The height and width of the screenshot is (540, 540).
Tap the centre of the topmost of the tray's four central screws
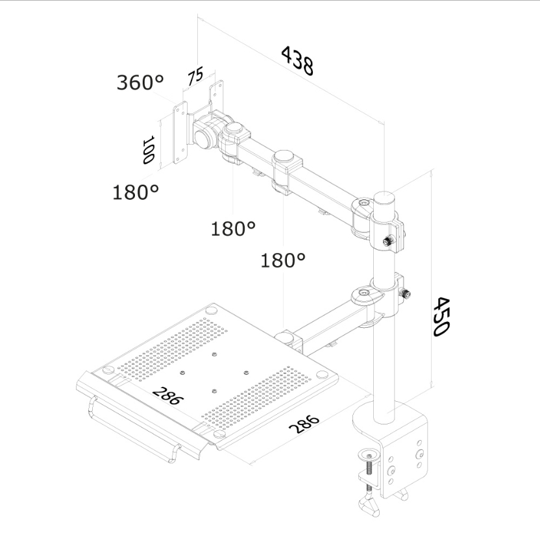tap(215, 354)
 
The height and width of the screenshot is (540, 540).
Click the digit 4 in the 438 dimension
tap(288, 54)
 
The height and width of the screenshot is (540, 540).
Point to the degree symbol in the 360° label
tap(158, 79)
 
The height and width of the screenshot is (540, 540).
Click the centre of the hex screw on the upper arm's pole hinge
tap(364, 203)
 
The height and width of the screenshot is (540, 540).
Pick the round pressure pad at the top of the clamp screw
tap(370, 453)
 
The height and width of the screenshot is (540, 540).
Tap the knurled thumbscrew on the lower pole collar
tap(405, 293)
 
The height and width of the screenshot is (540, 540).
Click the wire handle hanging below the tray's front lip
tap(134, 428)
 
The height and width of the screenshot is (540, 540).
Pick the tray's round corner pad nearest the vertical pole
tap(323, 374)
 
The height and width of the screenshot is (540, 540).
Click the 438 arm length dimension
tap(297, 61)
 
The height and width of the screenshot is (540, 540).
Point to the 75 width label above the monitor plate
tap(195, 76)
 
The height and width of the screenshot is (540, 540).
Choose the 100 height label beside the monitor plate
tap(149, 150)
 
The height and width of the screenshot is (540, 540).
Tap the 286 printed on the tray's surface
tap(168, 395)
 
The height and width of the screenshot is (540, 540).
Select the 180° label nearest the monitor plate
tap(136, 192)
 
